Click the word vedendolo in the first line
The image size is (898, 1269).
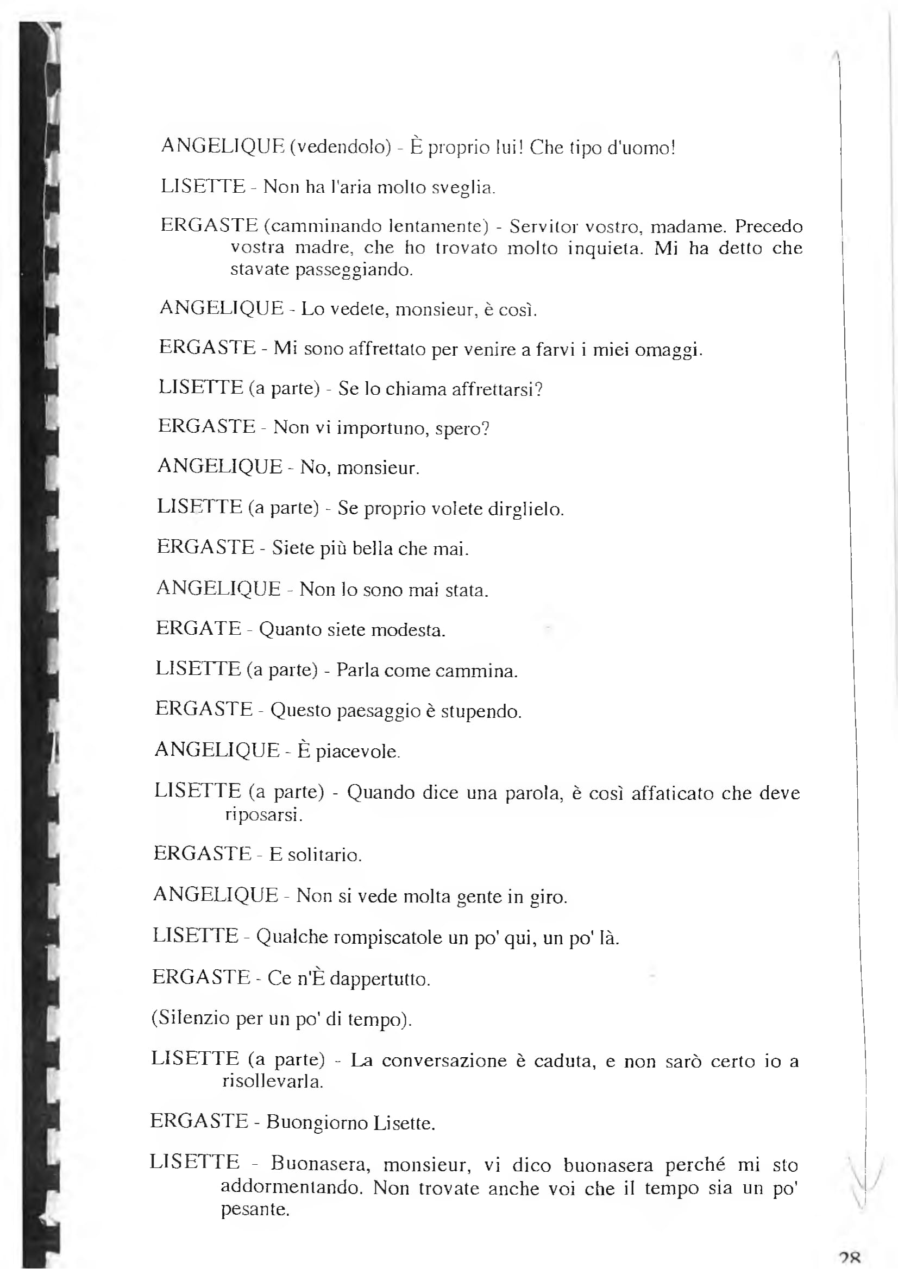point(341,147)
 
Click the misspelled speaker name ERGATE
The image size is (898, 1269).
point(198,628)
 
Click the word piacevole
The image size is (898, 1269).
point(357,751)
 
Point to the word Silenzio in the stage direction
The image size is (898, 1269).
point(193,1018)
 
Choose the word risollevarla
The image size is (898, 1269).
point(273,1081)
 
